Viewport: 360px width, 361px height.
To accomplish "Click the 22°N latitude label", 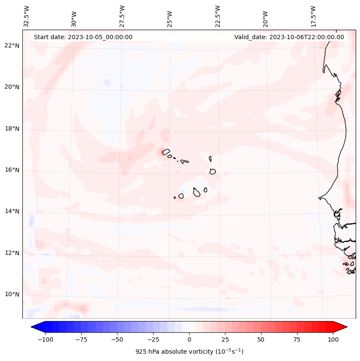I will click(x=12, y=46).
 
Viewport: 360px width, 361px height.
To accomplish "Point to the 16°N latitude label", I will click(x=12, y=170).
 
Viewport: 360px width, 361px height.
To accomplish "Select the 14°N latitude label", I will click(x=12, y=212).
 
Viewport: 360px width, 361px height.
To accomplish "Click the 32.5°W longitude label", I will click(x=27, y=16).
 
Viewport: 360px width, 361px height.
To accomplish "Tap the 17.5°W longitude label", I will click(x=313, y=16).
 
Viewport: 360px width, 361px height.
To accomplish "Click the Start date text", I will click(x=83, y=37).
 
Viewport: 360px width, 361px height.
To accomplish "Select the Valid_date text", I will click(x=289, y=37).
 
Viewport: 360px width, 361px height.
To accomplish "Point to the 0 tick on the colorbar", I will click(x=189, y=339).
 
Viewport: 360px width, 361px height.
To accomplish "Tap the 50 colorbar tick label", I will click(x=261, y=339).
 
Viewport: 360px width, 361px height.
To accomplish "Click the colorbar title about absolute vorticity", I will click(x=189, y=352).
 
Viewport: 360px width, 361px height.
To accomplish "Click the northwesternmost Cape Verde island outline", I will click(x=166, y=152).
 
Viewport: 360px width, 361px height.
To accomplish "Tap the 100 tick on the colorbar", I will click(x=332, y=339).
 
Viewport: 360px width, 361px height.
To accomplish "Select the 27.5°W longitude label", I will click(x=123, y=16).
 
